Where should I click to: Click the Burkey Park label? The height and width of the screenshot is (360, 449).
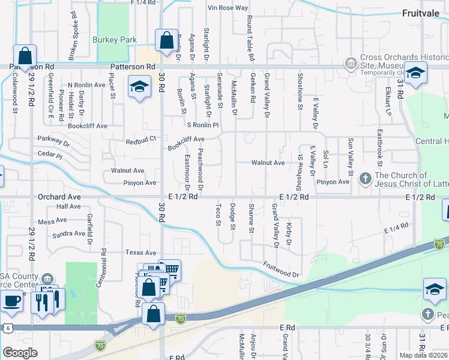click(114, 40)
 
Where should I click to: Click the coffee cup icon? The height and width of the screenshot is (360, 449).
click(11, 302)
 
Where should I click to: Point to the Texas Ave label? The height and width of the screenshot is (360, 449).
click(140, 253)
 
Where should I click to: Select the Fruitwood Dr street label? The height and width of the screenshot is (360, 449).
click(281, 269)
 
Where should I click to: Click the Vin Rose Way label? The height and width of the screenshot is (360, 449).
click(228, 8)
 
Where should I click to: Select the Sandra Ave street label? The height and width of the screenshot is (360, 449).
click(70, 234)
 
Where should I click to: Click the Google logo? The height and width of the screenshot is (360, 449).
click(20, 353)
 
